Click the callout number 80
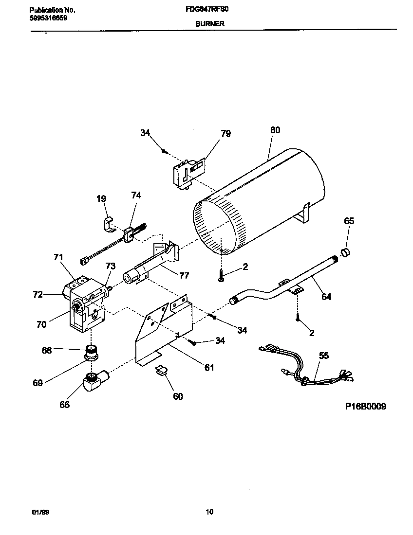(275, 130)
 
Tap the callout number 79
(225, 133)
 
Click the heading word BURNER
(210, 23)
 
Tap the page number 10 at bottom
(209, 512)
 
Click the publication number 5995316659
(48, 18)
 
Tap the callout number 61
(209, 368)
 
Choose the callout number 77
(184, 275)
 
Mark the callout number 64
(326, 296)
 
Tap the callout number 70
(41, 324)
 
